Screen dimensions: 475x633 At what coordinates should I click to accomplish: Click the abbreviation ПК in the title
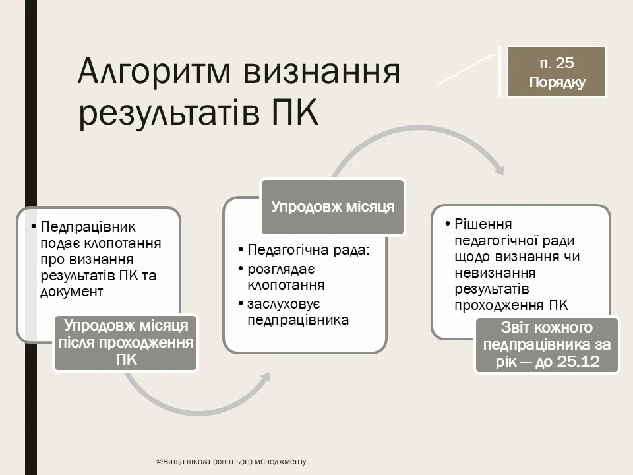pos(294,113)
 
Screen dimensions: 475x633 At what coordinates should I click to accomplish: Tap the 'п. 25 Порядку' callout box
pos(557,73)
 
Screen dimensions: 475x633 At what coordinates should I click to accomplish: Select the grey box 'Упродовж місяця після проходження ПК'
pos(126,342)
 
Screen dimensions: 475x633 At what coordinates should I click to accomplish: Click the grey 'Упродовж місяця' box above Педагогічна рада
pos(332,206)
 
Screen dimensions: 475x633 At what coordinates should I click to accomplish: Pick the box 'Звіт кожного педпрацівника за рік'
pos(547,345)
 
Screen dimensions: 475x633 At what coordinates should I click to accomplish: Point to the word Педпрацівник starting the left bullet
pos(88,227)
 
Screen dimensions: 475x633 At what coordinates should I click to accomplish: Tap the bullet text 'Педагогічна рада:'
pos(309,251)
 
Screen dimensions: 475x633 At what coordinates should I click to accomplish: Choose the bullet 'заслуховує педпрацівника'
pos(297,312)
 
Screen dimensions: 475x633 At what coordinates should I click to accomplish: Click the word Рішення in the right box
pos(483,224)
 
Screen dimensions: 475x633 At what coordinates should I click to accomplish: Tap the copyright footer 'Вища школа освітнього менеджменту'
pos(231,462)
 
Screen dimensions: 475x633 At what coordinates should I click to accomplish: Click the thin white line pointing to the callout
pos(468,70)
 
